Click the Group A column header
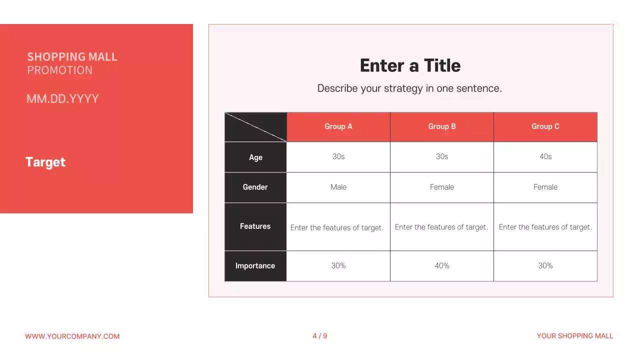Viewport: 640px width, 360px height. [x=338, y=126]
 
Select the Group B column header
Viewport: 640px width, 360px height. [x=442, y=126]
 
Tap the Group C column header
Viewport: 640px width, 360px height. [x=545, y=126]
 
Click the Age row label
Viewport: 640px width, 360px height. [x=255, y=157]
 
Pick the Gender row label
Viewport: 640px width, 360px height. [x=255, y=187]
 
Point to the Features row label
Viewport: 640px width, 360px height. [x=255, y=226]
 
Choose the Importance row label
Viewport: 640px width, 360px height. [x=255, y=266]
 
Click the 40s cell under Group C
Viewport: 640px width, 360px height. [x=545, y=156]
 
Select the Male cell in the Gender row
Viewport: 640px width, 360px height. [x=338, y=187]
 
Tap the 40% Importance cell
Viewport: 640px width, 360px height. [x=442, y=266]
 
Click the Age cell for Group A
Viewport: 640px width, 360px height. [x=338, y=156]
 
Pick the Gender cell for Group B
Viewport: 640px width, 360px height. [x=442, y=187]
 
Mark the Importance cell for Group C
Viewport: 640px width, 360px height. [x=545, y=266]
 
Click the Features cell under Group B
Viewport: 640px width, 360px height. [x=441, y=227]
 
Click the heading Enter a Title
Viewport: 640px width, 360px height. [x=410, y=65]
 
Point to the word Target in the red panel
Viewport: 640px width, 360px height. [x=45, y=162]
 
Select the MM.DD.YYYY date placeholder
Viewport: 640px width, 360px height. [x=62, y=98]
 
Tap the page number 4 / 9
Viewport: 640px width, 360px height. [x=320, y=336]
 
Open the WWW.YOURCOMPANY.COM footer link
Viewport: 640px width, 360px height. [x=72, y=336]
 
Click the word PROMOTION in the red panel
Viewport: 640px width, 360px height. [x=60, y=70]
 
